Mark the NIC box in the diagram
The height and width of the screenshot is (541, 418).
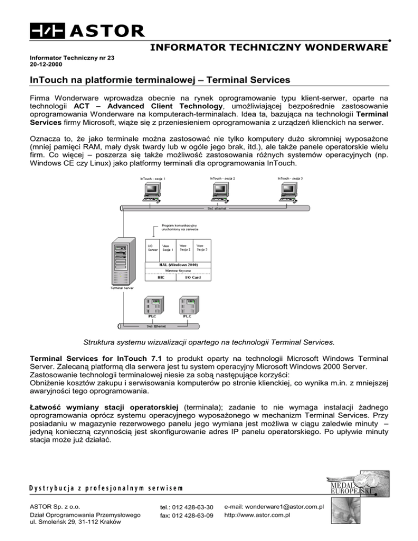coord(161,277)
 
